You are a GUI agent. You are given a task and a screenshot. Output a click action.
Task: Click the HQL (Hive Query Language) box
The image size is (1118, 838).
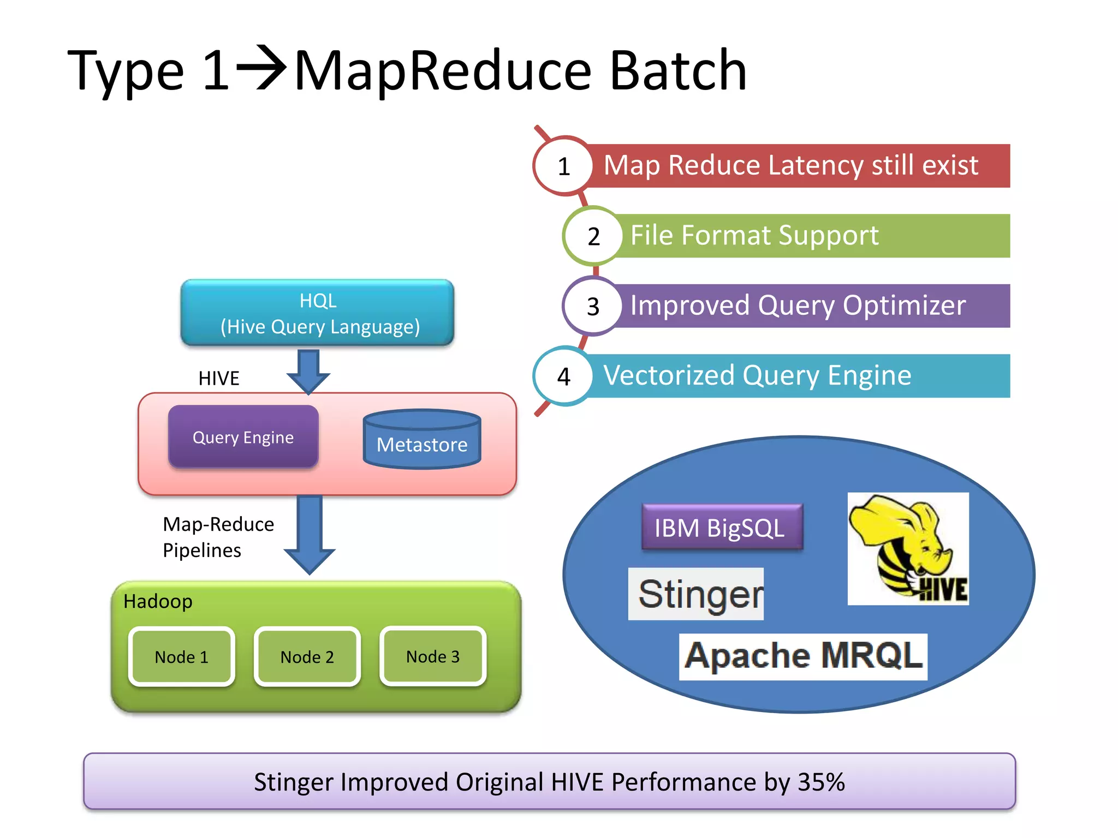pos(317,313)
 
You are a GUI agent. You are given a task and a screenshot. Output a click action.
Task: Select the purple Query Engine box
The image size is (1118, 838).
pos(243,437)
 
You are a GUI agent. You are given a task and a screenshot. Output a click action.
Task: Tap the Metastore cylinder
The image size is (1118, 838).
pos(422,440)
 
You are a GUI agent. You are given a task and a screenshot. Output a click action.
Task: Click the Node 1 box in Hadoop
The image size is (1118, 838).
pos(182,656)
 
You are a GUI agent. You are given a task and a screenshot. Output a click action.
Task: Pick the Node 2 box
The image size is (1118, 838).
pos(307,656)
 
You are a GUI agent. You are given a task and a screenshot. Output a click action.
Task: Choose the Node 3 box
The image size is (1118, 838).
pos(433,656)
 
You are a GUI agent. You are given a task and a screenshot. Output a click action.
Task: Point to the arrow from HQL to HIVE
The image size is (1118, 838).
pos(308,372)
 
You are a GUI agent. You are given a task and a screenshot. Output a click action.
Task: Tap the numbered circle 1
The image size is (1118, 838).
pos(564,166)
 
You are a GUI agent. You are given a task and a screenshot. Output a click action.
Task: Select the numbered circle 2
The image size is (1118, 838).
pos(593,236)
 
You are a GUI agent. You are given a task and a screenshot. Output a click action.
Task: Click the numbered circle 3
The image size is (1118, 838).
pos(593,306)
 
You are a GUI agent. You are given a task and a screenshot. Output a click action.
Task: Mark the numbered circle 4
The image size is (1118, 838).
pos(564,376)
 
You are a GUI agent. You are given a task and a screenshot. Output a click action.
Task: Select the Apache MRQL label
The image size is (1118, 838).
pos(802,656)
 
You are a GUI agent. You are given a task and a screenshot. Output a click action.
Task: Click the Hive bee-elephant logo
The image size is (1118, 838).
pos(908,548)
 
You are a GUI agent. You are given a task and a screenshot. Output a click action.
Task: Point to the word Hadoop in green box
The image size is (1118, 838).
pos(158,601)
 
